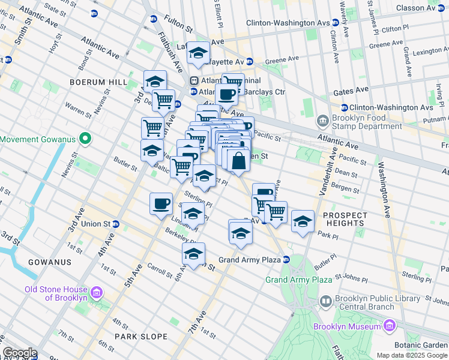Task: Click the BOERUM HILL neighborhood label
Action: click(98, 82)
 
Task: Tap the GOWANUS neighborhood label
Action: click(49, 262)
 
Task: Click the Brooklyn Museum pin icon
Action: click(390, 326)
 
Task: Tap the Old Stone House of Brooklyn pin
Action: click(96, 293)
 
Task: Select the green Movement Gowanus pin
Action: click(85, 139)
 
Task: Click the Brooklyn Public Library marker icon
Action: click(325, 301)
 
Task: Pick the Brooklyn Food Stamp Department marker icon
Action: click(323, 121)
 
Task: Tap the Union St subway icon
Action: click(116, 224)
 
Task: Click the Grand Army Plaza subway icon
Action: click(287, 260)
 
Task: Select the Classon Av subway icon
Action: click(444, 8)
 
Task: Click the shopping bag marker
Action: click(239, 161)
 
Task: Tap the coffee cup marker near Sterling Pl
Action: click(161, 203)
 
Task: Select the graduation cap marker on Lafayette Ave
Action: click(197, 53)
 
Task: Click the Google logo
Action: click(20, 353)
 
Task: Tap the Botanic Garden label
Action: click(421, 346)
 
